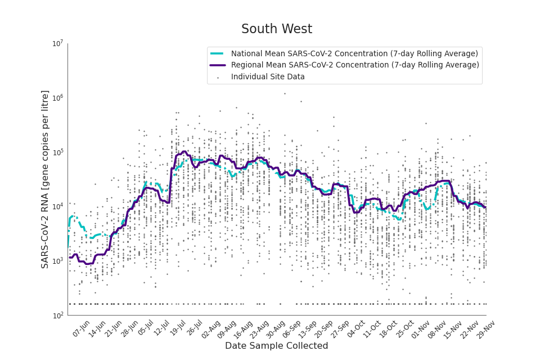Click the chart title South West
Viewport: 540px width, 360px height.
[276, 29]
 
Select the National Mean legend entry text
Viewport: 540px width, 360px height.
[354, 53]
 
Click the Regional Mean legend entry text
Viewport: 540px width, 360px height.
[355, 65]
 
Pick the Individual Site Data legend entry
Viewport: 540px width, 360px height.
[268, 77]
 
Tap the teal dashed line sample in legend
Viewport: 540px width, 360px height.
[218, 53]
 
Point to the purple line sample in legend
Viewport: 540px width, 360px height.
[218, 65]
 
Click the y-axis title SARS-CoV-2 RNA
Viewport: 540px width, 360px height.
[45, 179]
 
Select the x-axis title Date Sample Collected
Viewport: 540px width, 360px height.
[276, 346]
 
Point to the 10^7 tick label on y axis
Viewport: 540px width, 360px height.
[57, 44]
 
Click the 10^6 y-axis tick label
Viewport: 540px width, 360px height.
[57, 98]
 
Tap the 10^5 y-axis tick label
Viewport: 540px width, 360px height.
[57, 152]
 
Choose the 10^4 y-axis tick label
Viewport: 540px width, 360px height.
[57, 207]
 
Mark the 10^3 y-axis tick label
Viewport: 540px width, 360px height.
[57, 261]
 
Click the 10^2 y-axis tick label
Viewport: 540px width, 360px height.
[57, 316]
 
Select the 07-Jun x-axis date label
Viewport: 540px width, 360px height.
[82, 329]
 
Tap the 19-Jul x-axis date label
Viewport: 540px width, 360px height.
[178, 329]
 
